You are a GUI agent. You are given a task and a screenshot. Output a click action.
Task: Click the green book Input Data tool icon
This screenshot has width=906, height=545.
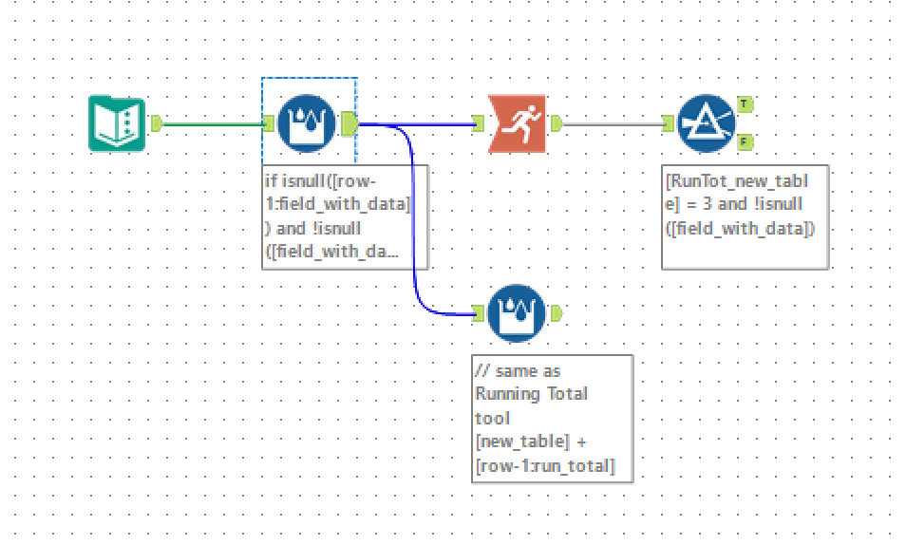point(118,123)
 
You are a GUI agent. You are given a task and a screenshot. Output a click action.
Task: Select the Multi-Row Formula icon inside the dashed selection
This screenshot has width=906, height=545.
point(306,123)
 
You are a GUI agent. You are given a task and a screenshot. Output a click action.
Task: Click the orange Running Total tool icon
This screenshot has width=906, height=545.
point(517,123)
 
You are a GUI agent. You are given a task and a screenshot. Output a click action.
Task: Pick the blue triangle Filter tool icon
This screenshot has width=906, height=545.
point(706,123)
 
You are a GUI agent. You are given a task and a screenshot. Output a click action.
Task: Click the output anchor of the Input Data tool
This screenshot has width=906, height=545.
point(157,123)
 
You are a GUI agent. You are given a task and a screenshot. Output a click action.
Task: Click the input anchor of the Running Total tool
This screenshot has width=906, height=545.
point(479,123)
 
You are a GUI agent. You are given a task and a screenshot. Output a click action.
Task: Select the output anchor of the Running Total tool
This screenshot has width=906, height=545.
point(556,123)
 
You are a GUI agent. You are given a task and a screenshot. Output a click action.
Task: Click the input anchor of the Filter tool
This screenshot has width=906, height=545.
point(668,123)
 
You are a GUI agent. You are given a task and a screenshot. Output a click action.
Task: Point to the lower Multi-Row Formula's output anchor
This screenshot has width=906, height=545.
point(556,313)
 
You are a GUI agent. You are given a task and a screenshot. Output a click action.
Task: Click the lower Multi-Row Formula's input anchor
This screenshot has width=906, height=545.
point(479,313)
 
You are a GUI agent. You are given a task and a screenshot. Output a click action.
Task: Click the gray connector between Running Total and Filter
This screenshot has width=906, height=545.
point(612,123)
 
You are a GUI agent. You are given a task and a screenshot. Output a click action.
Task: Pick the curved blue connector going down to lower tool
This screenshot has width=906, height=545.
point(415,228)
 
